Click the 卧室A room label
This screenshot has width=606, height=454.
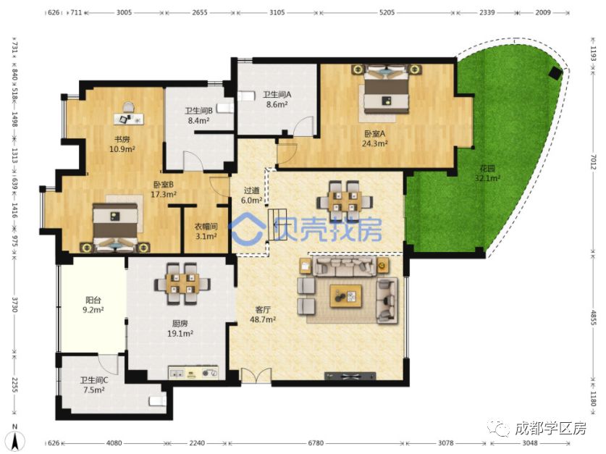[x=374, y=134]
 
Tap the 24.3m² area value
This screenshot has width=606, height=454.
[x=374, y=144]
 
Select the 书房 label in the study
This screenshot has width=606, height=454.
[x=122, y=139]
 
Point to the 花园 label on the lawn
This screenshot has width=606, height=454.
[x=487, y=169]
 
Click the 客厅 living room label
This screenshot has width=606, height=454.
[x=263, y=309]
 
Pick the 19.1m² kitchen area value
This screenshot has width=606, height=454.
[x=180, y=334]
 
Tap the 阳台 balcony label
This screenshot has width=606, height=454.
[x=93, y=300]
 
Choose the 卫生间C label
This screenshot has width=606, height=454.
[x=94, y=380]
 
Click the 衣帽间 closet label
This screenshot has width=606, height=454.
[x=206, y=227]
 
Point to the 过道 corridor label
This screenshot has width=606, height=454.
[x=252, y=190]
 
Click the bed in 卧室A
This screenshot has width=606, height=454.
[x=387, y=90]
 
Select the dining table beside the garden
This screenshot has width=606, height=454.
[x=345, y=201]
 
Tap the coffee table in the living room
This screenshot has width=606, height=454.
[x=346, y=296]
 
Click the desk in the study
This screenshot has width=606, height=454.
[x=129, y=119]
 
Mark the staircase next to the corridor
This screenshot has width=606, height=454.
[x=278, y=224]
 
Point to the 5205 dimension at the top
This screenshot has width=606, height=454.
[x=387, y=12]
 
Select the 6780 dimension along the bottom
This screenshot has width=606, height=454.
[x=316, y=443]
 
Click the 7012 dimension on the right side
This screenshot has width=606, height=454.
[x=593, y=161]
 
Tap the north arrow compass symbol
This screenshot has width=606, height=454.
[x=15, y=438]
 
